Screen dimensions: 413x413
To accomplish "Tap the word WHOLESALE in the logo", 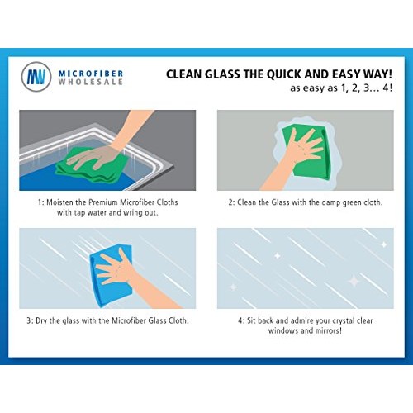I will (88, 84).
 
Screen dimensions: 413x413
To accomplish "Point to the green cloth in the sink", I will (83, 161).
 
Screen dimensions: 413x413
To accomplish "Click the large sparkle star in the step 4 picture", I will (353, 281).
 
